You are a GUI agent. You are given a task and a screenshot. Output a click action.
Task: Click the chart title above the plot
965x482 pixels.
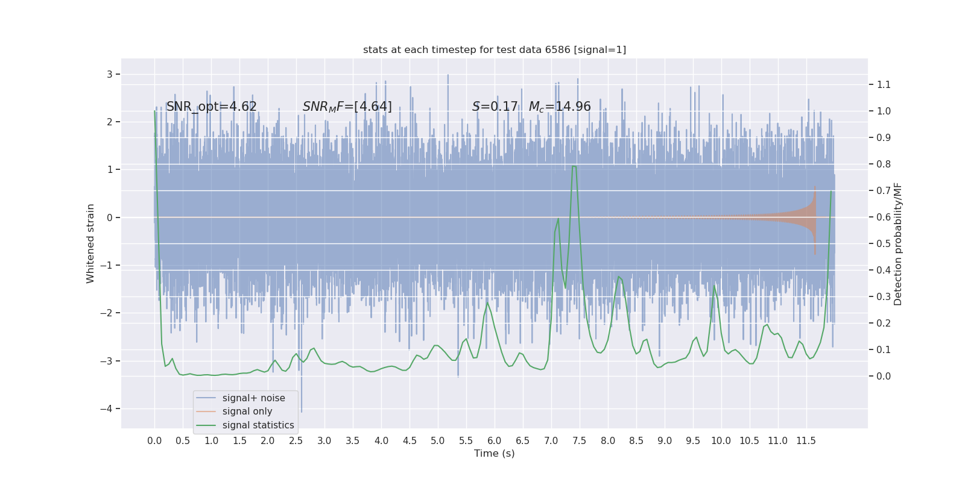495,49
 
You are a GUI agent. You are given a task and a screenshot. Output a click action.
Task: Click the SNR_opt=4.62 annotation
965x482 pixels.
212,107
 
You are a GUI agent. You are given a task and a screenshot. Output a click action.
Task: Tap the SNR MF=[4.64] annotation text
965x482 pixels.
347,107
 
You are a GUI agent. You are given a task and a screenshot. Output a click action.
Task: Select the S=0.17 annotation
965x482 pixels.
495,107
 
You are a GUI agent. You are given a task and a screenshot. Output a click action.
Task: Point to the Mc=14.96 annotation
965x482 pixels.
560,107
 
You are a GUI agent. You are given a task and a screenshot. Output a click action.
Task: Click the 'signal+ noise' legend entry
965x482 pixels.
253,398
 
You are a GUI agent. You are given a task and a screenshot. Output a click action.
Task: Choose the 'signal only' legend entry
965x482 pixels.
247,412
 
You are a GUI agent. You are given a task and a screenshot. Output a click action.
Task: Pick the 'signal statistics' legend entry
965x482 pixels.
258,425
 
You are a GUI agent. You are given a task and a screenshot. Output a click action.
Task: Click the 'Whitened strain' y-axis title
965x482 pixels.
90,243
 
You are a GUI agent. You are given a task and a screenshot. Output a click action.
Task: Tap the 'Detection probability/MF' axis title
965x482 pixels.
898,243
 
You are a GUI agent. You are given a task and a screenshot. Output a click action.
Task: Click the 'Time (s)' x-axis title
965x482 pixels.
495,453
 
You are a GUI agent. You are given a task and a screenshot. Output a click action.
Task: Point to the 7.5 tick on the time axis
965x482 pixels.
579,440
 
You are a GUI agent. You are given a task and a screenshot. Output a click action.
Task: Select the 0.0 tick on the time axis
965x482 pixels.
154,440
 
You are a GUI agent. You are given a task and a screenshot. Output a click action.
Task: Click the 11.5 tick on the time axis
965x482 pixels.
806,440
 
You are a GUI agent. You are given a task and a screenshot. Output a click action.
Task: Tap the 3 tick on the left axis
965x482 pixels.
110,74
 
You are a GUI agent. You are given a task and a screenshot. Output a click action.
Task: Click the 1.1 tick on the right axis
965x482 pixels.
884,84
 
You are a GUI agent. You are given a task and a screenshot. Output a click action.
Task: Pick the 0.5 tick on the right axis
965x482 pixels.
884,243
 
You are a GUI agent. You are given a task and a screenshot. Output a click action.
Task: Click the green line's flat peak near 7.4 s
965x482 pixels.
574,166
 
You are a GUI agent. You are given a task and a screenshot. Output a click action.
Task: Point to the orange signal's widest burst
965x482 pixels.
814,220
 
